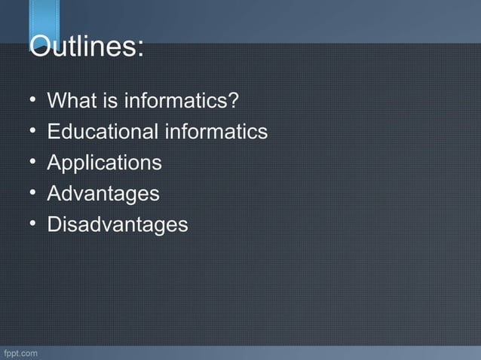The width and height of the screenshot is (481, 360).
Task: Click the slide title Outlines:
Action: click(85, 47)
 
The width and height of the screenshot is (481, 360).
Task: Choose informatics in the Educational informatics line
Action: click(216, 132)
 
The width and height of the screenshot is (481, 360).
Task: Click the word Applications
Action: click(104, 163)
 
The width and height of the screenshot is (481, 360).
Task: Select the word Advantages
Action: click(103, 194)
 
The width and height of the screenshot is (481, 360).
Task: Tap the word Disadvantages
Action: click(117, 225)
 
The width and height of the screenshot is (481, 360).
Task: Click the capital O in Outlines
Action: click(41, 47)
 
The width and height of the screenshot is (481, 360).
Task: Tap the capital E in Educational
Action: click(53, 132)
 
